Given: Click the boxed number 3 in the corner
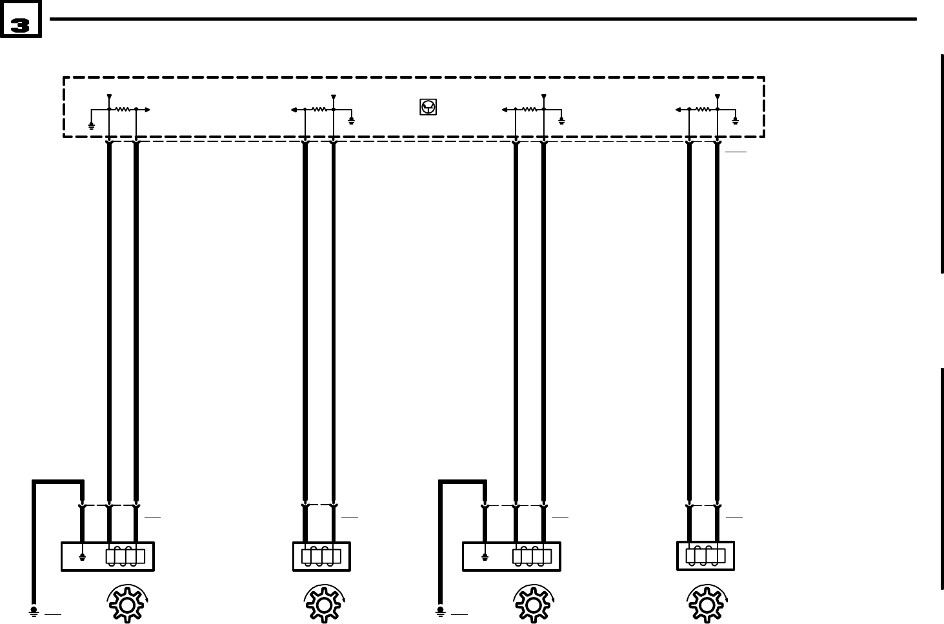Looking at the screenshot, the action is pos(21,25).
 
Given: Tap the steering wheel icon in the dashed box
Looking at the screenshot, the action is pos(428,106).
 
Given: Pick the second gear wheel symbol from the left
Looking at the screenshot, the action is pos(323,604).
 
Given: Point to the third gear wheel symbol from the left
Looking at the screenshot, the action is pos(532,604).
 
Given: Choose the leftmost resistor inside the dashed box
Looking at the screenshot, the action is pos(123,110).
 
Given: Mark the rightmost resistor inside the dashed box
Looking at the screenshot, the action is pos(703,110).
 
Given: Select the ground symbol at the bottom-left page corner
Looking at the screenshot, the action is pos(34,610).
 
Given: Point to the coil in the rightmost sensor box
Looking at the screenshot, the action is pos(705,556).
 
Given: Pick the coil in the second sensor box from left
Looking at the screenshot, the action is pos(321,556).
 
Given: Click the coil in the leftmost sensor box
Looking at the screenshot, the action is pos(125,556).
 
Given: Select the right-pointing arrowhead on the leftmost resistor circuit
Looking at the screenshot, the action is pos(148,110).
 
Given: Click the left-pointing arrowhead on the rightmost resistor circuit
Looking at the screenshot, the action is pos(678,110).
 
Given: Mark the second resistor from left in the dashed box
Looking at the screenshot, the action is pos(319,110).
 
